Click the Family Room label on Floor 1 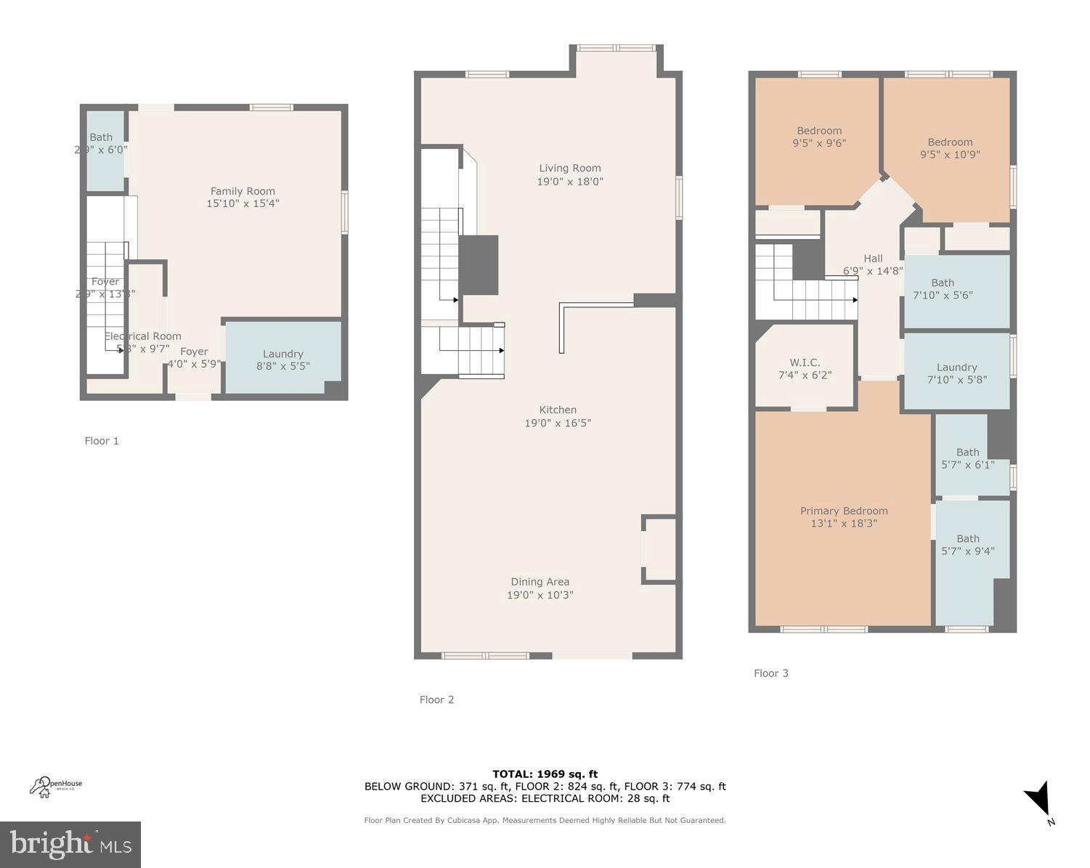pos(243,191)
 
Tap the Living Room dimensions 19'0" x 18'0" pos(569,182)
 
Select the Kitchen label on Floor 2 pos(558,410)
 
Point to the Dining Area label pos(540,582)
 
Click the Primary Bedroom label pos(844,511)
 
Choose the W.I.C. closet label pos(805,362)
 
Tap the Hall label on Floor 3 pos(873,259)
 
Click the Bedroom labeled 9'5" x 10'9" pos(950,148)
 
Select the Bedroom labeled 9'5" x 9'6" pos(819,137)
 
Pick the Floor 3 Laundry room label pos(956,368)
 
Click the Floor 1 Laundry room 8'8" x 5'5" pos(282,360)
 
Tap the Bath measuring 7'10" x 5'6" pos(943,289)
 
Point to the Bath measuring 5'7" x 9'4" pos(967,545)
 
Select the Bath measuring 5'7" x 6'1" pos(967,458)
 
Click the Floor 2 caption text pos(436,699)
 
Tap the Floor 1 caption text pos(102,441)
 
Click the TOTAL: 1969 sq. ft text pos(545,774)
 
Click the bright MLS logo pos(70,845)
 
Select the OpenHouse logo pos(56,786)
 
